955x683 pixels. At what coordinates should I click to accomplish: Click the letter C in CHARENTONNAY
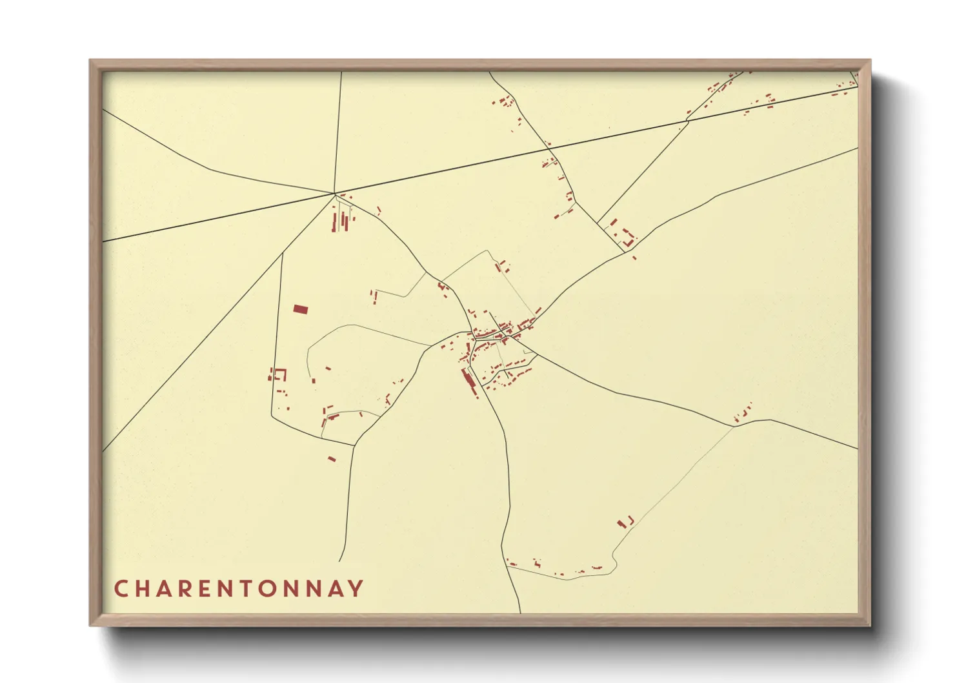[x=121, y=589]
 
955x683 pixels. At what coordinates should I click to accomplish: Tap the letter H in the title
[x=143, y=589]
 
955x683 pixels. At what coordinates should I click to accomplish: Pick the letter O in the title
[x=270, y=589]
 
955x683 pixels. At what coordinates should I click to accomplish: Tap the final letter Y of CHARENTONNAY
[x=356, y=589]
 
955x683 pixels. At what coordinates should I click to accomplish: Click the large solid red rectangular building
[x=300, y=309]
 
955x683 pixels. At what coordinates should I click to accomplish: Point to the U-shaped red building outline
[x=280, y=374]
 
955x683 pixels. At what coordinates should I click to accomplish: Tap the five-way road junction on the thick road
[x=334, y=193]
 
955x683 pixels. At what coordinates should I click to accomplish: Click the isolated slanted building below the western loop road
[x=332, y=459]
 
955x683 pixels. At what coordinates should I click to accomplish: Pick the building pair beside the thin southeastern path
[x=625, y=522]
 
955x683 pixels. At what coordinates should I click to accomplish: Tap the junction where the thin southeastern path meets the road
[x=734, y=425]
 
